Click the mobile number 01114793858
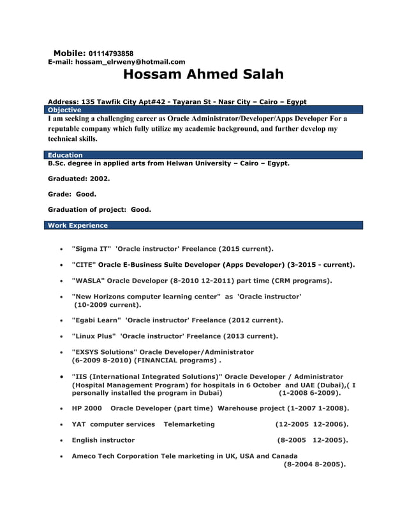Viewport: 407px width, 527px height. pyautogui.click(x=111, y=53)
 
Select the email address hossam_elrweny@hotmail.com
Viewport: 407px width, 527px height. pyautogui.click(x=130, y=62)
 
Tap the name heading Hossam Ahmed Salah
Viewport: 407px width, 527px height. pyautogui.click(x=204, y=75)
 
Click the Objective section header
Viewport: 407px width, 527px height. pyautogui.click(x=64, y=110)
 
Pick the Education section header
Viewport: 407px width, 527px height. pyautogui.click(x=65, y=155)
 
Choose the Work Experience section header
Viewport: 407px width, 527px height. pyautogui.click(x=78, y=225)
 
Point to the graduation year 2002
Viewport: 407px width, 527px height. pyautogui.click(x=99, y=179)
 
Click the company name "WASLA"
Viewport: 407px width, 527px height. pyautogui.click(x=88, y=281)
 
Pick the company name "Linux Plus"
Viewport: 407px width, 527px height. pyautogui.click(x=94, y=336)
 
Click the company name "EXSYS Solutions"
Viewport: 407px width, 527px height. pyautogui.click(x=104, y=352)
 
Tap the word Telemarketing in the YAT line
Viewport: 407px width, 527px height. pyautogui.click(x=189, y=424)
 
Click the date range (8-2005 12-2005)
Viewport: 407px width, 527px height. pyautogui.click(x=313, y=440)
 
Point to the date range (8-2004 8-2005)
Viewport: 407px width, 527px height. pyautogui.click(x=314, y=464)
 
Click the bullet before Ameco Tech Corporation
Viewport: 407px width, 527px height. pyautogui.click(x=60, y=457)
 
